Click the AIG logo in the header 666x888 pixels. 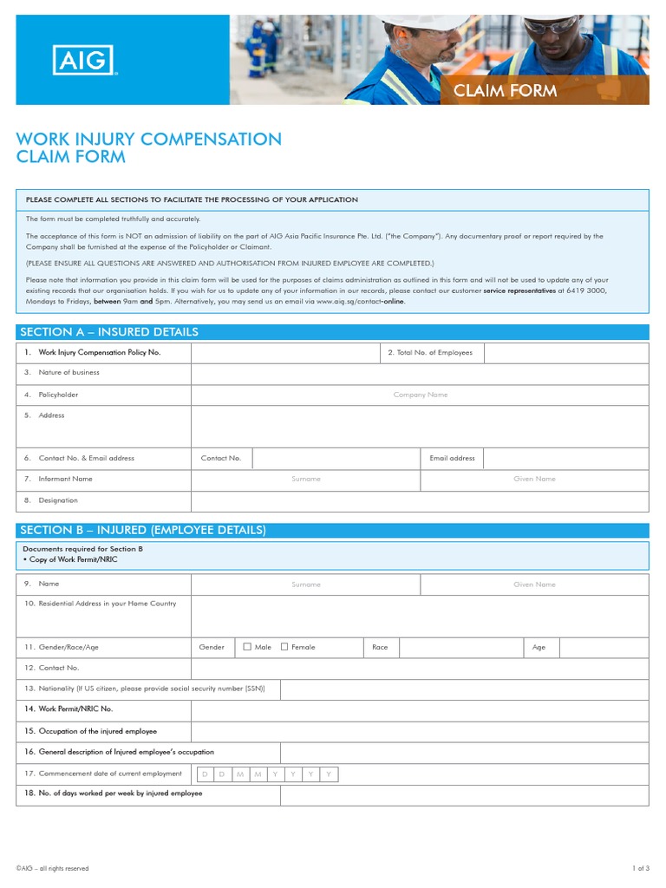[84, 61]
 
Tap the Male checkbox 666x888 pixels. [247, 647]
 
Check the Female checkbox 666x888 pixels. [284, 647]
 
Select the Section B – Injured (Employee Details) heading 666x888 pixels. [143, 530]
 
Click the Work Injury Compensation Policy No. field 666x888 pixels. [284, 353]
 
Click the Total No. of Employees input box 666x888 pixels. [565, 353]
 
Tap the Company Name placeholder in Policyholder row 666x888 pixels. [420, 395]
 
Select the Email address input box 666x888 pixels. [565, 458]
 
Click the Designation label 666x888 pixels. [58, 500]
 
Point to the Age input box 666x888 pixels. [604, 647]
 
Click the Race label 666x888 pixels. [380, 647]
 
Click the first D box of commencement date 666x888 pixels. [205, 774]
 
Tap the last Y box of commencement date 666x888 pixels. [328, 774]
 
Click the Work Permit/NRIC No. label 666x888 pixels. [75, 708]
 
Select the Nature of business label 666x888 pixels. [69, 373]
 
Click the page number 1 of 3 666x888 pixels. [640, 868]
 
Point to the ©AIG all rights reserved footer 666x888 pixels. [52, 868]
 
